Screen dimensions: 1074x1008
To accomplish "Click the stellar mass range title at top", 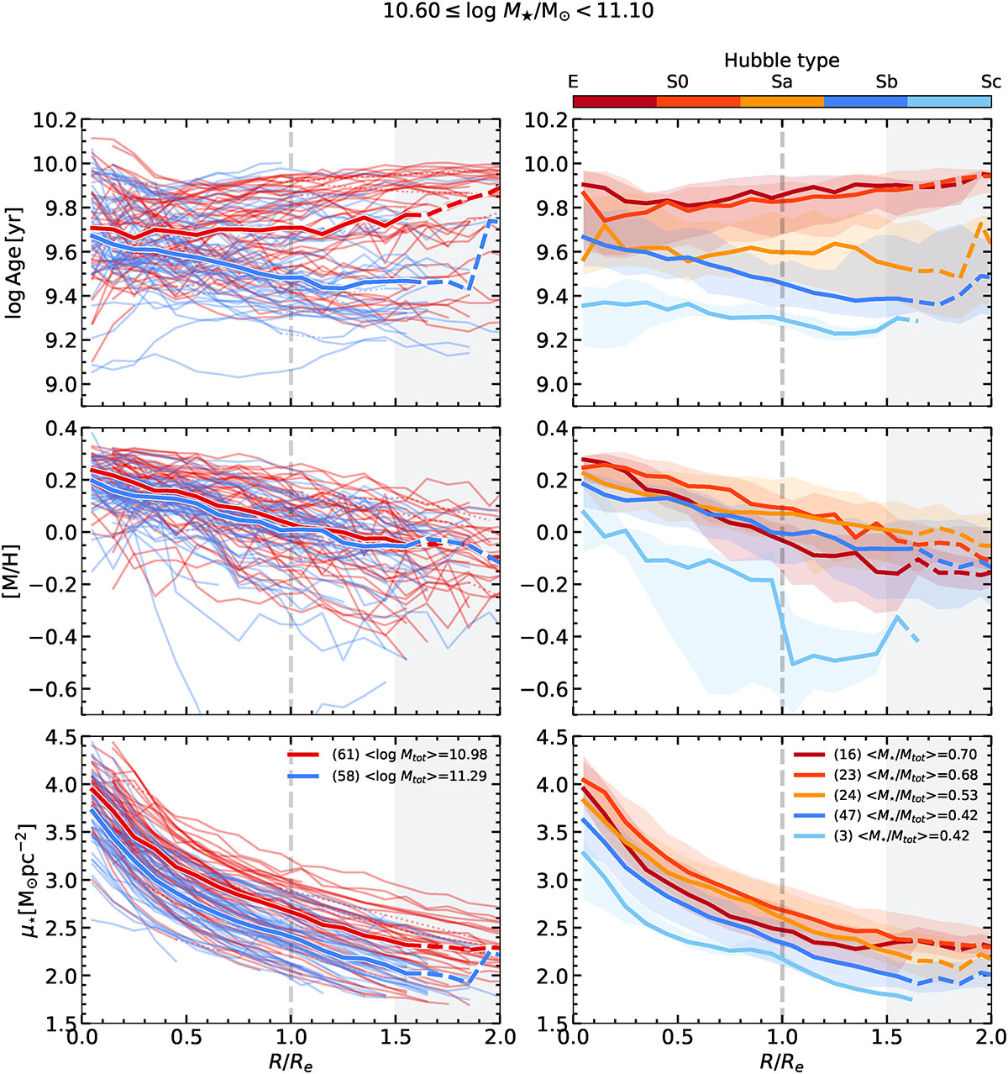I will (504, 13).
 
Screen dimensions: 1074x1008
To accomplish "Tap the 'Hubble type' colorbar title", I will (781, 61).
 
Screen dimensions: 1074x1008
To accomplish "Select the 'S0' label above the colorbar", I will (677, 82).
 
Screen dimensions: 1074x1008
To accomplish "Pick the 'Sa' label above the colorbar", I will (781, 82).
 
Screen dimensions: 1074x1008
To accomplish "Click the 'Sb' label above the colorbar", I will (886, 82).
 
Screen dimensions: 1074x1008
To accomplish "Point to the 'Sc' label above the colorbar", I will (991, 82).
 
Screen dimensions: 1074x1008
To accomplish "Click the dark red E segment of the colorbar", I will (615, 102).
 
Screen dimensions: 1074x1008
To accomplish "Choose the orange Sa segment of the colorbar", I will (782, 102).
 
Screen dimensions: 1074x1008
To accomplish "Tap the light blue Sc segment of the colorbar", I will (949, 102).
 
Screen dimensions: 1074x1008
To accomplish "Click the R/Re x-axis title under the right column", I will (781, 1061).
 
